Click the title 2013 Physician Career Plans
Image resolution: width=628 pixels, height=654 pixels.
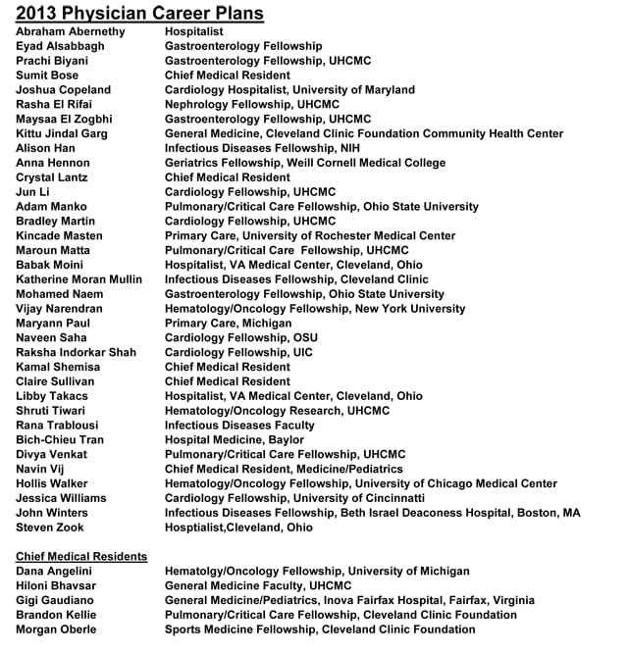tap(140, 13)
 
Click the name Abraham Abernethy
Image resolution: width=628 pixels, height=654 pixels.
tap(71, 31)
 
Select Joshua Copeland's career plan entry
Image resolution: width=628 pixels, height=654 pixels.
tap(289, 90)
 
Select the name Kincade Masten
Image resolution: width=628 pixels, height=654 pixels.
tap(59, 235)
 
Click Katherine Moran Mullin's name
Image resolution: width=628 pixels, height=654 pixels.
tap(78, 279)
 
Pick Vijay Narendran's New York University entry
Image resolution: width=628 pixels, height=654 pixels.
tap(315, 309)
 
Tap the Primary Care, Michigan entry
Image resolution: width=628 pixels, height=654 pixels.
tap(228, 323)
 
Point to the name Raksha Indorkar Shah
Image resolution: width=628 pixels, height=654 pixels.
tap(76, 352)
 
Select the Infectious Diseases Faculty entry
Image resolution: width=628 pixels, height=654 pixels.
tap(239, 425)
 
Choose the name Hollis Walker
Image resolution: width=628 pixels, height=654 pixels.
tap(52, 483)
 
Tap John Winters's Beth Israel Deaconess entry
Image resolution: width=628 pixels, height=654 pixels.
tap(372, 512)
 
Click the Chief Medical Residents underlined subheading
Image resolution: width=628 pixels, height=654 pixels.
tap(81, 557)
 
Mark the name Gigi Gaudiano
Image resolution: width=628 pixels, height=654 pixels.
tap(54, 600)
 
